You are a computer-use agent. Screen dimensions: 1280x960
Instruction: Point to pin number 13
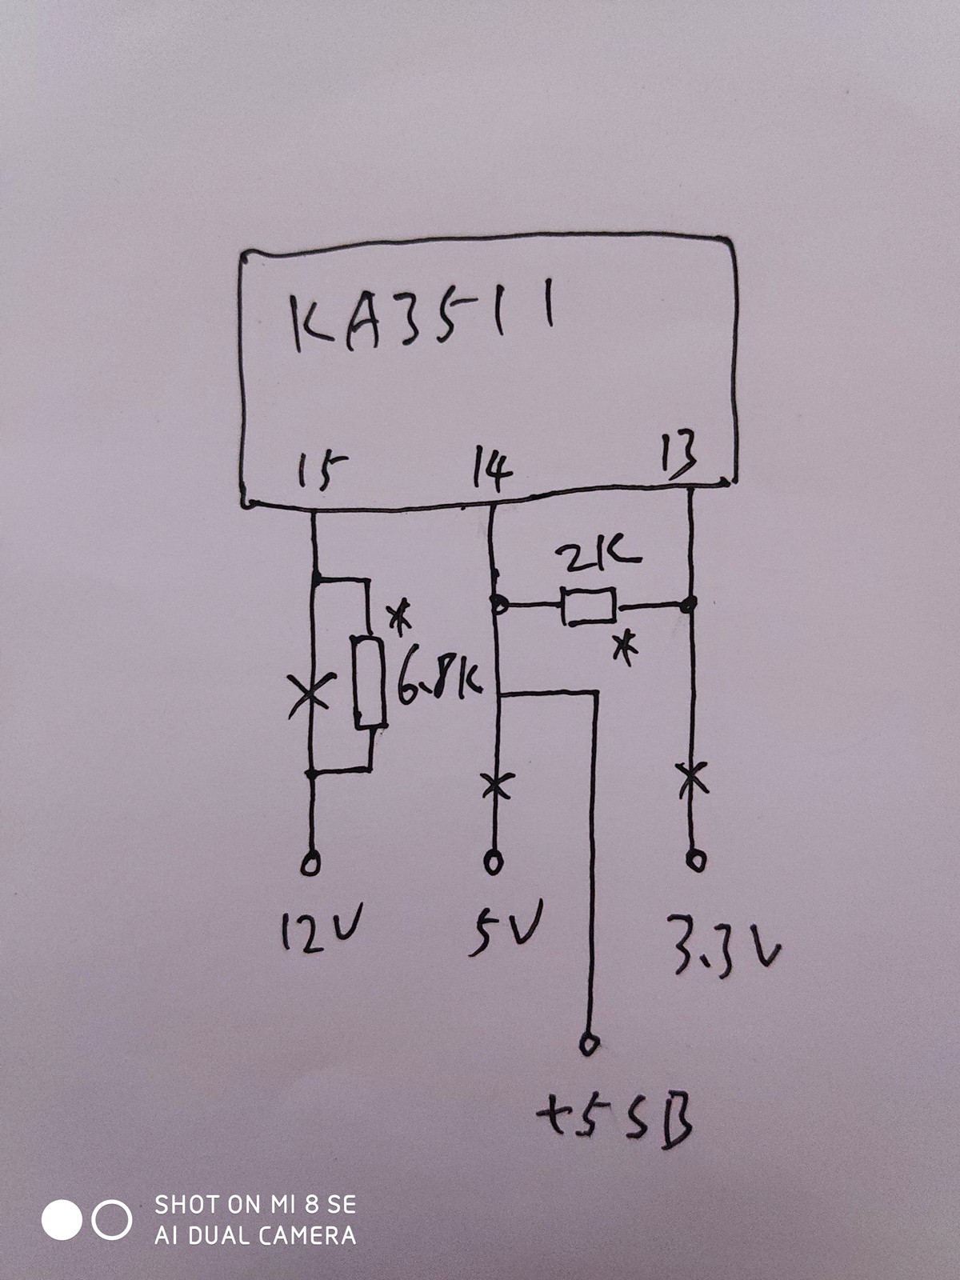[x=679, y=454]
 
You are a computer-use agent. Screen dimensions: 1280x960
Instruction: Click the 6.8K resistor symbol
[x=369, y=682]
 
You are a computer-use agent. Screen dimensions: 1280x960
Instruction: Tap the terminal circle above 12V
[x=310, y=864]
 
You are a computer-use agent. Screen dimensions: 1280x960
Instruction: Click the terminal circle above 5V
[x=494, y=862]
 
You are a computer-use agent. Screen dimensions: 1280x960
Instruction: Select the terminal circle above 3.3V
[x=696, y=860]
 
